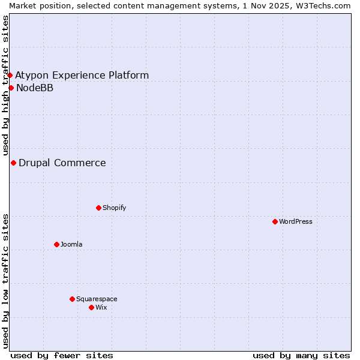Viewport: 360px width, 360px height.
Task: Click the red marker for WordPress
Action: [x=275, y=221]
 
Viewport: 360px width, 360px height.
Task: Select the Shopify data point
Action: [x=98, y=208]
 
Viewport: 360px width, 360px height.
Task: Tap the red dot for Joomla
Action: [x=56, y=244]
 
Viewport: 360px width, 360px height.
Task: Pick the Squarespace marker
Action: [x=72, y=299]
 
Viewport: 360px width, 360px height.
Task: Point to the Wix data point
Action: [x=91, y=307]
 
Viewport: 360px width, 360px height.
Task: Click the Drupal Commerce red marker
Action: [x=13, y=163]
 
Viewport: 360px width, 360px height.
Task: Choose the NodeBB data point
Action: [x=11, y=88]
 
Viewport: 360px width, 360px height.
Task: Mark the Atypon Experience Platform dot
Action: [x=10, y=75]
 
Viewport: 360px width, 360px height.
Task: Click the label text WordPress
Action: [x=296, y=221]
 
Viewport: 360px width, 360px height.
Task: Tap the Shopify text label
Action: [x=114, y=208]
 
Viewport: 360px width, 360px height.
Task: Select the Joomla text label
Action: [x=71, y=244]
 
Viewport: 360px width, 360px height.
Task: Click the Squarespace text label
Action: [x=97, y=299]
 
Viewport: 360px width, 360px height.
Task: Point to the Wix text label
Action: [x=101, y=307]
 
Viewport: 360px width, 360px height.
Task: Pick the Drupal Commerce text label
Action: [x=62, y=163]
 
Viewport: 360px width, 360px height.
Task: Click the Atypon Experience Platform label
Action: [x=82, y=75]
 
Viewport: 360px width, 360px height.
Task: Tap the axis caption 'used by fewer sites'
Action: [x=62, y=355]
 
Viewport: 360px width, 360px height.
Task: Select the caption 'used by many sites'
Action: [x=301, y=355]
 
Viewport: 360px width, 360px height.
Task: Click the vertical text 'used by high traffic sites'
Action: [x=5, y=85]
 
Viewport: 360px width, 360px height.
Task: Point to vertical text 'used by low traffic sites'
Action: [x=5, y=280]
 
